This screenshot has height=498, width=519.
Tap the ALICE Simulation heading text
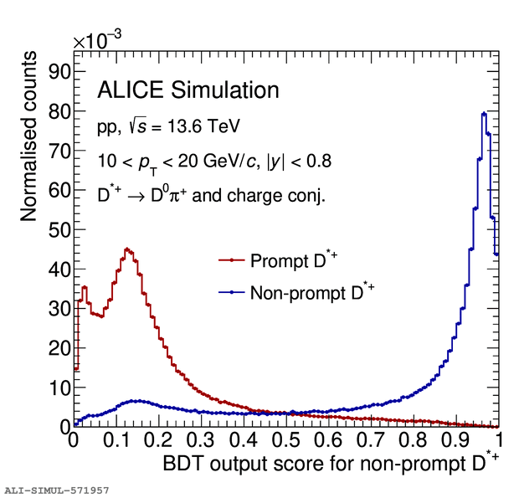(188, 90)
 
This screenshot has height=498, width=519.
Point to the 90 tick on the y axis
(56, 71)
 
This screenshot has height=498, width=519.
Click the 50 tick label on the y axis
(56, 229)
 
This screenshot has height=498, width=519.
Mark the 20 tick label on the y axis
(56, 348)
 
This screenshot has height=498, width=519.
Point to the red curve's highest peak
(126, 249)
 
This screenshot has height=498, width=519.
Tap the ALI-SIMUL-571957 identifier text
(55, 488)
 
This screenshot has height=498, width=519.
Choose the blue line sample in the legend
(229, 293)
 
